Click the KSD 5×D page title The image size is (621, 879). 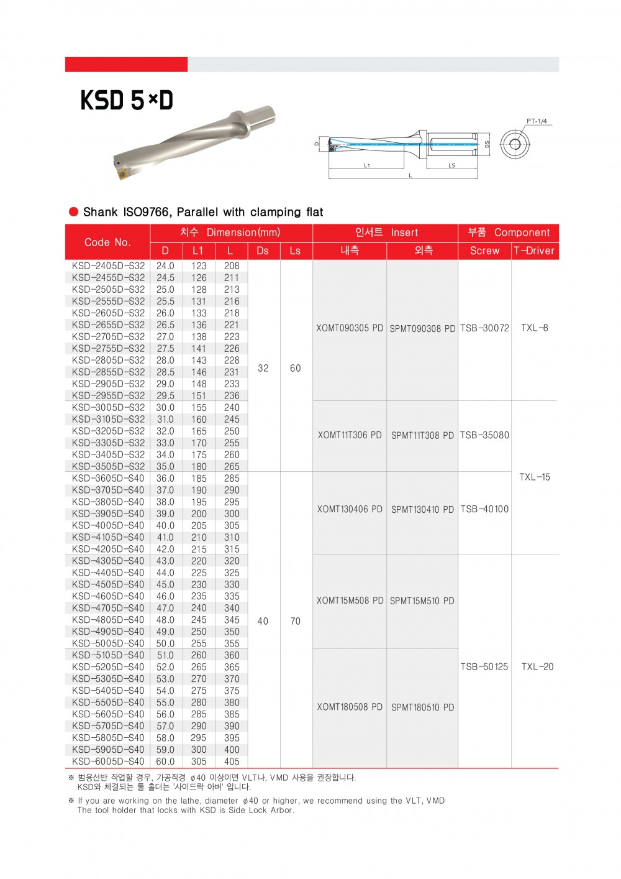coord(127,100)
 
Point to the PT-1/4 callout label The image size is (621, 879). coord(537,121)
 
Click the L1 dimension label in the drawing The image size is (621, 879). coord(367,165)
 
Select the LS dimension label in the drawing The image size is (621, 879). coord(451,165)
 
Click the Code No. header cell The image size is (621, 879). coord(107,242)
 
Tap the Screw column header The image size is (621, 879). coord(484,251)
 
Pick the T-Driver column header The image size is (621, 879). coord(534,251)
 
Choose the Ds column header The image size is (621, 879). coord(263,251)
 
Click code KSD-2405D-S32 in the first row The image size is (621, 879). coord(108,265)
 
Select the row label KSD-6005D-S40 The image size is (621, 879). coord(108,762)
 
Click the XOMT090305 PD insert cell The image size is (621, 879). coord(350,328)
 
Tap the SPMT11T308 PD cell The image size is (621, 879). coord(422,435)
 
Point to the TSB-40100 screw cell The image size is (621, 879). coord(484,509)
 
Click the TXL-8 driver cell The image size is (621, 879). coord(535,328)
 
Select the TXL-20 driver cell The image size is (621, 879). coord(537,666)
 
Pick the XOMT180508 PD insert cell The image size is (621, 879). coord(350,707)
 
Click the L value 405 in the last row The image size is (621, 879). coord(232,762)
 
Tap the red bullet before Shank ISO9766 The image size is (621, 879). coord(74,212)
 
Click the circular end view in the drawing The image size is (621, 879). coord(515,145)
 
